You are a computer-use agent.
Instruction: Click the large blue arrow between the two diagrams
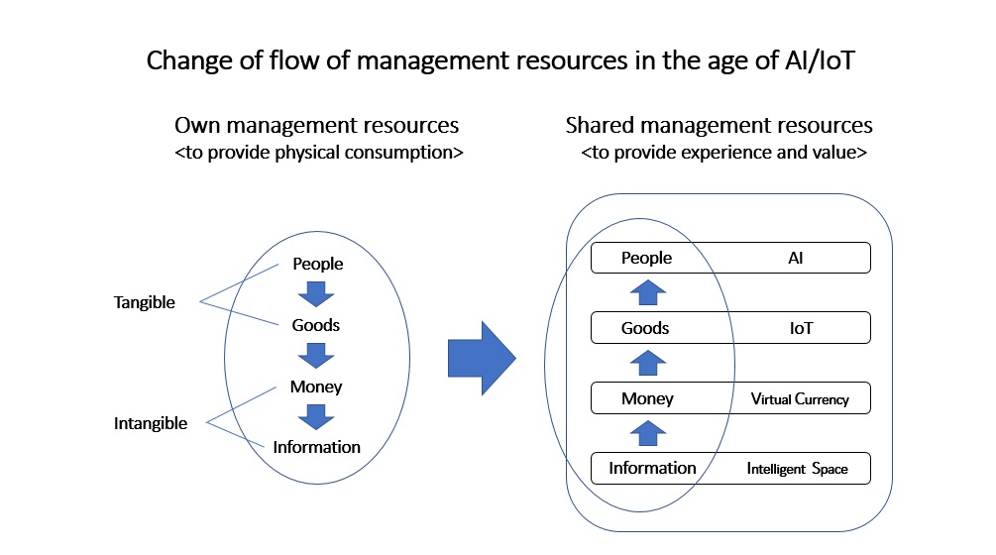point(482,358)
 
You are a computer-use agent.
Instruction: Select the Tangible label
point(144,302)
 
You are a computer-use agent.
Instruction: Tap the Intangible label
point(151,423)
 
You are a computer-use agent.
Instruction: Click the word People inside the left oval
point(317,264)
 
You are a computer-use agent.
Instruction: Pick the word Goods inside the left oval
point(316,325)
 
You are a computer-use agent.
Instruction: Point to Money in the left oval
point(316,387)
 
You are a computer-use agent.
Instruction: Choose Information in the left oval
point(316,447)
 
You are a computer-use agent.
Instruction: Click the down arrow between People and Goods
point(316,294)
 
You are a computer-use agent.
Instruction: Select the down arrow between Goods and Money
point(316,356)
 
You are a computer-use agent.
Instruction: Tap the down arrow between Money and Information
point(316,417)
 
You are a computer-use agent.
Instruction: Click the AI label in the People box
point(795,258)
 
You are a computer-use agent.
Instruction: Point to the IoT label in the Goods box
point(801,328)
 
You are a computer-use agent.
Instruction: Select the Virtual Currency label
point(800,398)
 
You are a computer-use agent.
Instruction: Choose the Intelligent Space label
point(797,469)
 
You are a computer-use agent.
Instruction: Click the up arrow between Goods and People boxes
point(648,293)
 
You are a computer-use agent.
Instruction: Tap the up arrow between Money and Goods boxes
point(648,363)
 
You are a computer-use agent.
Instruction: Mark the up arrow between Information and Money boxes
point(648,433)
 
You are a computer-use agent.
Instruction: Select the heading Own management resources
point(316,125)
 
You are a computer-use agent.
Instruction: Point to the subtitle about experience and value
point(724,153)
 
